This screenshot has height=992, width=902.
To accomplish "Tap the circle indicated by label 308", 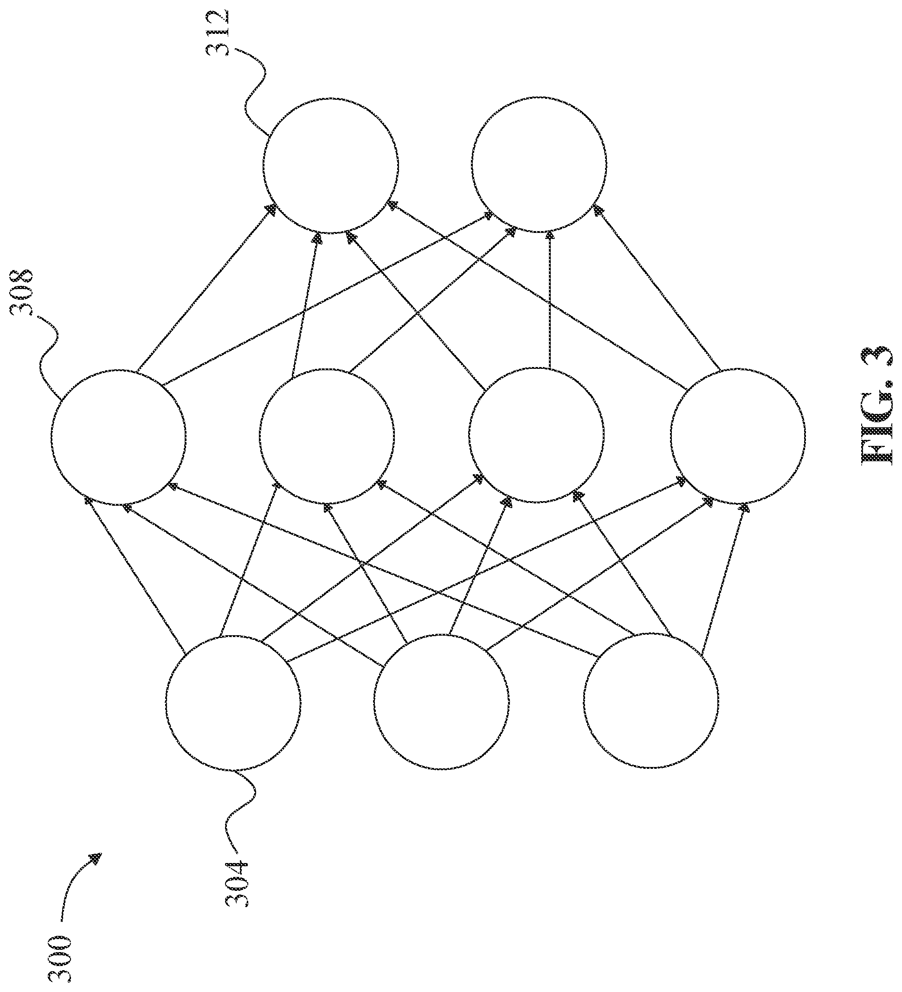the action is pyautogui.click(x=119, y=437).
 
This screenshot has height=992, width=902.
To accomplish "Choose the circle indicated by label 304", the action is pyautogui.click(x=233, y=702).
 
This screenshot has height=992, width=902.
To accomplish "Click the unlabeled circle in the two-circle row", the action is pyautogui.click(x=539, y=164).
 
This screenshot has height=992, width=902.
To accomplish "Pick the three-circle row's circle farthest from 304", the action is pyautogui.click(x=651, y=700).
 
